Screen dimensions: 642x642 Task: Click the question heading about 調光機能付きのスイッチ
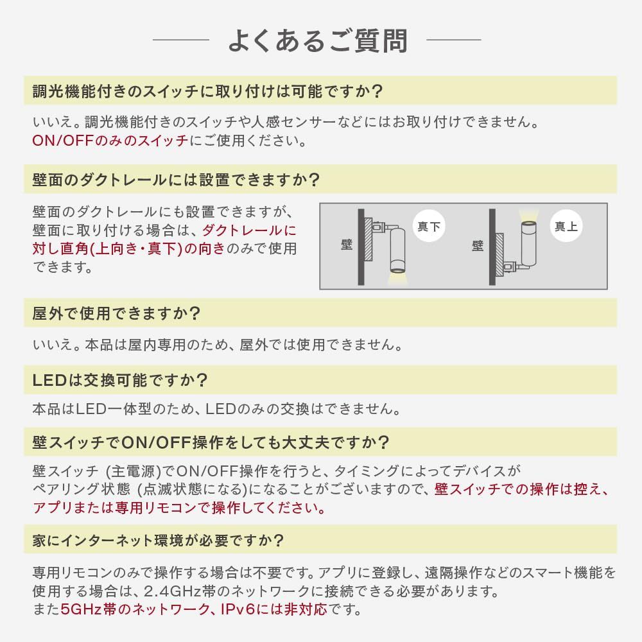tap(207, 91)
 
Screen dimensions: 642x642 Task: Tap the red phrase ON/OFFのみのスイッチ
tap(110, 141)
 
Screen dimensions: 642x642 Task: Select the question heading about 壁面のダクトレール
tap(176, 179)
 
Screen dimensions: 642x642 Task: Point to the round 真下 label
tap(428, 227)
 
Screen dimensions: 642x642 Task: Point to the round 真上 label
tap(566, 227)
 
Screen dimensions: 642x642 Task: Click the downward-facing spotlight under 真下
tap(397, 254)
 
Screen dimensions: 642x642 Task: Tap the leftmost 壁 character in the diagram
tap(347, 245)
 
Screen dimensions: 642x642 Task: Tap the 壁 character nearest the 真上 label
tap(477, 245)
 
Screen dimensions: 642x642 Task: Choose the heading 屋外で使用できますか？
tap(117, 314)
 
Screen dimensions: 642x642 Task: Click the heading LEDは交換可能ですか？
tap(120, 380)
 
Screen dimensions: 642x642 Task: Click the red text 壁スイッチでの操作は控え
tap(521, 490)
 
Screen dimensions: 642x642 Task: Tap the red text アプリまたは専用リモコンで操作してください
tap(178, 508)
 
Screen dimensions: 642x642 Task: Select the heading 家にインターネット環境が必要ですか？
tap(158, 540)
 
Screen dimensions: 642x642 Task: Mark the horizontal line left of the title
tap(181, 40)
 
